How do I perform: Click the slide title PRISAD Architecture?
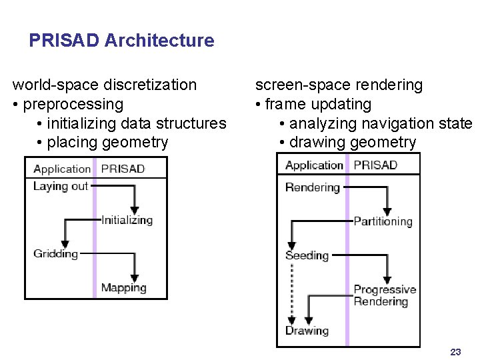click(x=121, y=41)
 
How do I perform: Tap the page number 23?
click(x=456, y=352)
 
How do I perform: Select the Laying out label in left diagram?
click(x=60, y=187)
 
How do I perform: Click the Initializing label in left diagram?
click(x=127, y=220)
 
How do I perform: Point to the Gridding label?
click(x=55, y=254)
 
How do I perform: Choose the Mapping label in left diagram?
click(x=123, y=288)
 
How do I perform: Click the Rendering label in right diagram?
click(x=312, y=187)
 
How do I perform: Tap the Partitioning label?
click(x=383, y=221)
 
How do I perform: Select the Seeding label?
click(x=307, y=255)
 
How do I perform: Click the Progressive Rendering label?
click(x=385, y=295)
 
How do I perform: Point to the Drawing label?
click(x=307, y=331)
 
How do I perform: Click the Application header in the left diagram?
click(x=61, y=169)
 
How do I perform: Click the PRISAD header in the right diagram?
click(x=375, y=165)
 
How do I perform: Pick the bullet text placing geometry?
click(x=103, y=142)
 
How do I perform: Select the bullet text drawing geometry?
click(x=347, y=142)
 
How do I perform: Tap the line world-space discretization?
click(x=105, y=85)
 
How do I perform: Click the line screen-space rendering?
click(x=339, y=85)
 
